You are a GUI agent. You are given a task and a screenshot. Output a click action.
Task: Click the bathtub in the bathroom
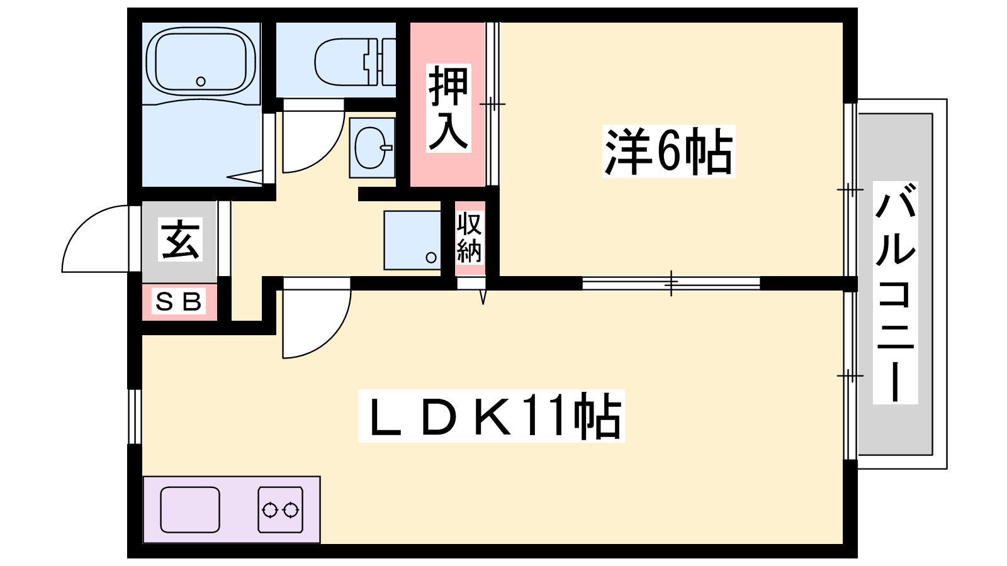tap(201, 62)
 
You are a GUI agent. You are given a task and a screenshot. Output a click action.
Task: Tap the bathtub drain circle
tap(201, 81)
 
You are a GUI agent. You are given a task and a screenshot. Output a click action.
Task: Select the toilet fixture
tap(355, 62)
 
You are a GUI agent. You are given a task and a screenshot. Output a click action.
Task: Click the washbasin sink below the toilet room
tap(372, 148)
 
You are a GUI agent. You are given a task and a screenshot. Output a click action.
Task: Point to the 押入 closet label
tap(448, 108)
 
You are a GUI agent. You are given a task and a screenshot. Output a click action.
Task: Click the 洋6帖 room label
tap(668, 152)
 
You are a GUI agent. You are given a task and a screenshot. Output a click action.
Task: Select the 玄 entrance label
tap(180, 239)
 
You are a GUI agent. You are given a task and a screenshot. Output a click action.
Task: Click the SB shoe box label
tap(178, 301)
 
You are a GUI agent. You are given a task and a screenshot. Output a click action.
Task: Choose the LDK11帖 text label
tap(492, 416)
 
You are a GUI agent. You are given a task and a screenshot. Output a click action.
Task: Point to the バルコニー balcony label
tap(895, 292)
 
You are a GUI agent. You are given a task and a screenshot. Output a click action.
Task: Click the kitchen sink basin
tap(190, 510)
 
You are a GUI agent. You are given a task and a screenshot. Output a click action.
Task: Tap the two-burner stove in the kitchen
tap(281, 510)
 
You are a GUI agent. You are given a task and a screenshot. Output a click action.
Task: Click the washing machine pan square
tap(412, 240)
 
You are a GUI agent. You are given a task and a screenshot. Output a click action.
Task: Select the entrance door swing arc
tap(95, 239)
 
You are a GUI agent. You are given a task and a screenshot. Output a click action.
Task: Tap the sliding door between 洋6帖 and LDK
tap(671, 284)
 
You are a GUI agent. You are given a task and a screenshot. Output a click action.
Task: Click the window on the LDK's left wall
tap(135, 416)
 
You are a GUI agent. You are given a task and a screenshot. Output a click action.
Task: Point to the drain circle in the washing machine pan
tap(431, 257)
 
